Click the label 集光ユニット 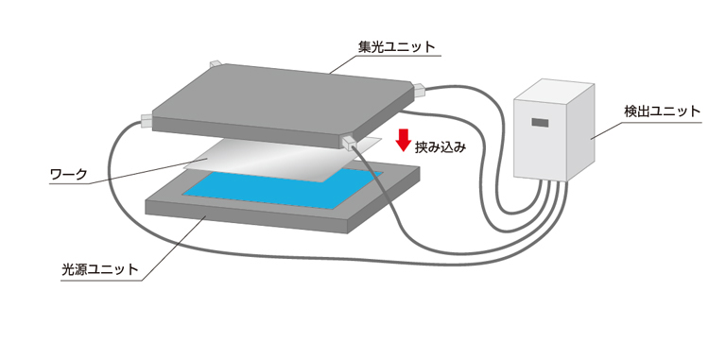click(389, 44)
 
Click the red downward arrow click(403, 141)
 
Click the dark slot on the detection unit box click(540, 123)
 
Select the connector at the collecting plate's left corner click(147, 121)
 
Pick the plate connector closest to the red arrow click(351, 142)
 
